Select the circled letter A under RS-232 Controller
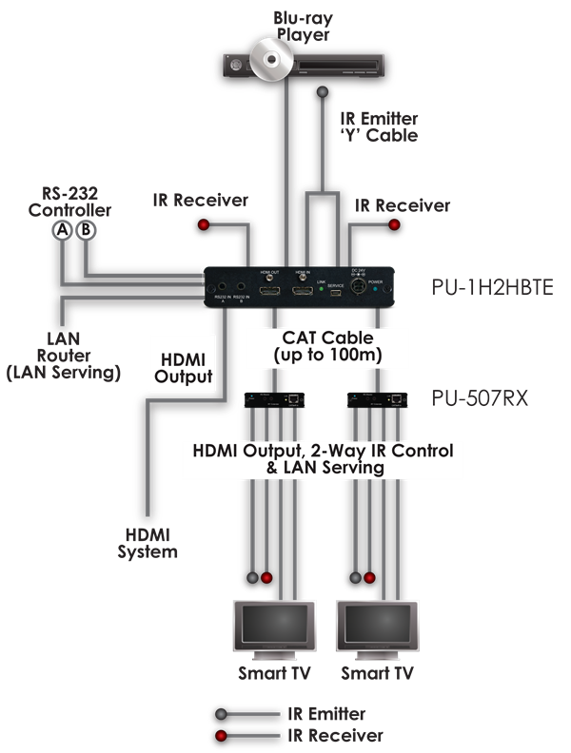(63, 229)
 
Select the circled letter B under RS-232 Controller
(86, 229)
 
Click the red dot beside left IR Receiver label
(203, 224)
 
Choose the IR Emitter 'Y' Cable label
(379, 127)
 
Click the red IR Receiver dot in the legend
(222, 736)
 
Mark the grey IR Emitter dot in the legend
(222, 714)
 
